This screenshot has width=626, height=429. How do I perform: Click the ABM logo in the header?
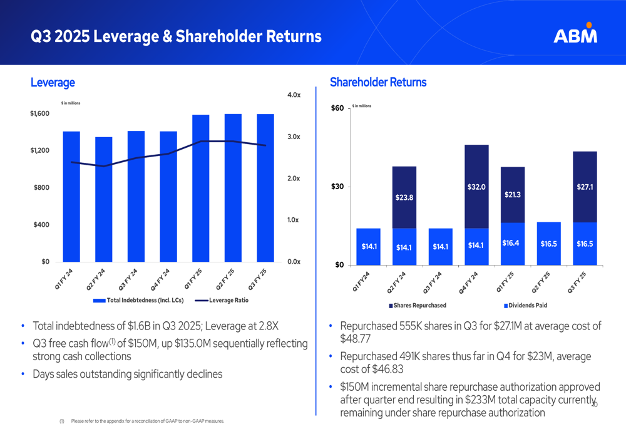pyautogui.click(x=575, y=34)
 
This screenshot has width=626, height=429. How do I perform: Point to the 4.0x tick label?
pyautogui.click(x=294, y=95)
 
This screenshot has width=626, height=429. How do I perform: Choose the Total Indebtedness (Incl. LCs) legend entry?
pyautogui.click(x=138, y=301)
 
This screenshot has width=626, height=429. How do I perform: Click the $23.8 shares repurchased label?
pyautogui.click(x=404, y=197)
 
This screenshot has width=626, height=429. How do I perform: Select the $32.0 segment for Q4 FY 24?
pyautogui.click(x=476, y=187)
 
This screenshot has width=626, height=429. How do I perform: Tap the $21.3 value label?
pyautogui.click(x=513, y=195)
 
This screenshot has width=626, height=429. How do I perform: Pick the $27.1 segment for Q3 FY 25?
pyautogui.click(x=585, y=187)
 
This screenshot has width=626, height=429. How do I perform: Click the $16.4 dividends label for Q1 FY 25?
pyautogui.click(x=513, y=243)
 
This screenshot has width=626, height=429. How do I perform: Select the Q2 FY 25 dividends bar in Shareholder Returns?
pyautogui.click(x=548, y=244)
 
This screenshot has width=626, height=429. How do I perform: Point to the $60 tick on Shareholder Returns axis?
pyautogui.click(x=337, y=109)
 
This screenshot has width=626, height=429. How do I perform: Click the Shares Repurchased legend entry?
pyautogui.click(x=418, y=306)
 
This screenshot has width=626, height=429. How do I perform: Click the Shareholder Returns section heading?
pyautogui.click(x=377, y=82)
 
